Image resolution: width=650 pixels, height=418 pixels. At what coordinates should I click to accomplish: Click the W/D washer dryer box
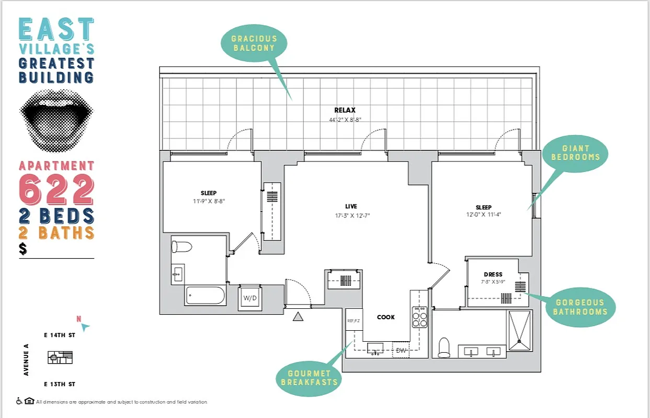click(x=250, y=298)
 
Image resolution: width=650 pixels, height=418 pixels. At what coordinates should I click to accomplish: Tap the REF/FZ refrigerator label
click(x=354, y=321)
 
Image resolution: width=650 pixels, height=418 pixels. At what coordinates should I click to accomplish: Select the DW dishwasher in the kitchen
click(x=402, y=351)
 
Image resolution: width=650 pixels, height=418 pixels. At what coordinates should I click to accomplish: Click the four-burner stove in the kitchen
click(x=419, y=317)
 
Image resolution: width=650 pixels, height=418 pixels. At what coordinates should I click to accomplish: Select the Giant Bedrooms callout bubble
click(x=576, y=153)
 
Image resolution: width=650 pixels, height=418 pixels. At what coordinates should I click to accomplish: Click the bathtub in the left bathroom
click(x=206, y=296)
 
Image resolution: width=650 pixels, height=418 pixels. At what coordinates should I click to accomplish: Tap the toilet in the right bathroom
click(x=444, y=347)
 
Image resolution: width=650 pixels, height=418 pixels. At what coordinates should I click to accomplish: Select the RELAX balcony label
click(x=345, y=110)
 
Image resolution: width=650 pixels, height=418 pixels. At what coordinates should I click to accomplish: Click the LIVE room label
click(x=351, y=207)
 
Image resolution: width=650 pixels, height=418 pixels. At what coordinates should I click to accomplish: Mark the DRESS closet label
click(x=493, y=274)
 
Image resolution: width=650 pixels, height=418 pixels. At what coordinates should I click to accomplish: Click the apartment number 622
click(x=56, y=189)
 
